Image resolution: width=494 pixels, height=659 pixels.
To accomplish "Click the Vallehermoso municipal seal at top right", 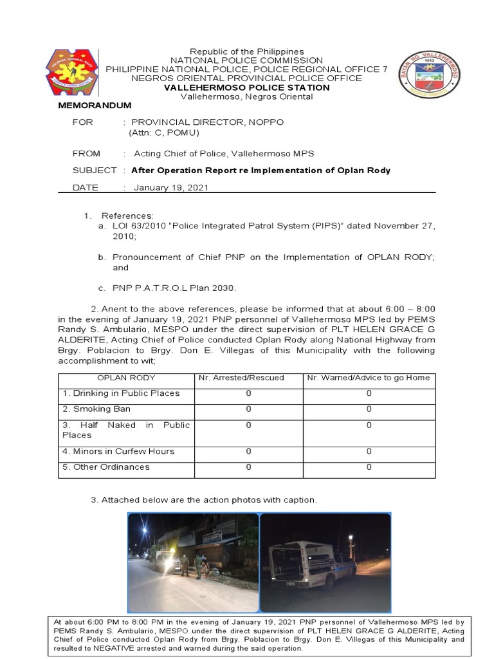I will pyautogui.click(x=429, y=75).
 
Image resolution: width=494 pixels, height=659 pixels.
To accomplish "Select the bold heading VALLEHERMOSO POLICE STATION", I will pyautogui.click(x=247, y=88).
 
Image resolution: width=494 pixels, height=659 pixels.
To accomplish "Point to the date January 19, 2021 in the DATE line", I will pyautogui.click(x=171, y=187).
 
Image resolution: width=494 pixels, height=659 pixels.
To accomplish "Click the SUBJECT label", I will pyautogui.click(x=95, y=171).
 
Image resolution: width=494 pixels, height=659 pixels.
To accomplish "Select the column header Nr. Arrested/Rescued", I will pyautogui.click(x=248, y=377).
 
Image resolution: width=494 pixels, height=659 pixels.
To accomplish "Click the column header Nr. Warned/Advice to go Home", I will pyautogui.click(x=369, y=377).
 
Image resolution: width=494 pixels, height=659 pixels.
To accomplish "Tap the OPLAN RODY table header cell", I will pyautogui.click(x=125, y=377).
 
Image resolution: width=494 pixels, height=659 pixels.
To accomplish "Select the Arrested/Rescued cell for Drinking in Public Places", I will pyautogui.click(x=248, y=393).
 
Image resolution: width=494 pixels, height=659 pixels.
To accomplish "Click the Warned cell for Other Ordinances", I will pyautogui.click(x=369, y=467).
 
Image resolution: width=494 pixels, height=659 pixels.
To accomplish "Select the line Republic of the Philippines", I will pyautogui.click(x=247, y=51).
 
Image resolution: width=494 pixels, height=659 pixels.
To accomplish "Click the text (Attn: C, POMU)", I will pyautogui.click(x=164, y=133).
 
